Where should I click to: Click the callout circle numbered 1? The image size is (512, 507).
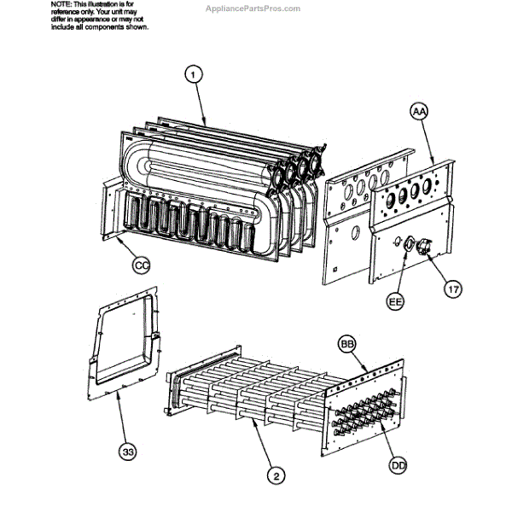(194, 75)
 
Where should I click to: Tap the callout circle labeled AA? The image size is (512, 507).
(420, 112)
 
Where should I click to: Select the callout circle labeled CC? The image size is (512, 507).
(143, 265)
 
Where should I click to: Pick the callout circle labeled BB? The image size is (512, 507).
(346, 343)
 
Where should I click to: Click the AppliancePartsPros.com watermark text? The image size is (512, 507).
(253, 9)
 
